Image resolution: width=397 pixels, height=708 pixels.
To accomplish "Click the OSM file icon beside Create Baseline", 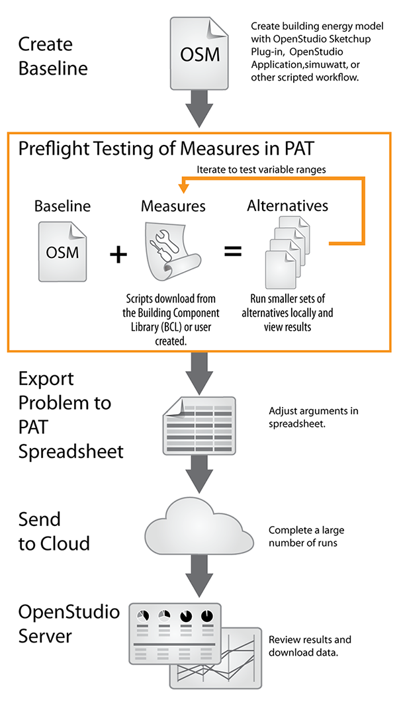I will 199,53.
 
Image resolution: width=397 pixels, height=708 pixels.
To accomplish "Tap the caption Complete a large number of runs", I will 306,536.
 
